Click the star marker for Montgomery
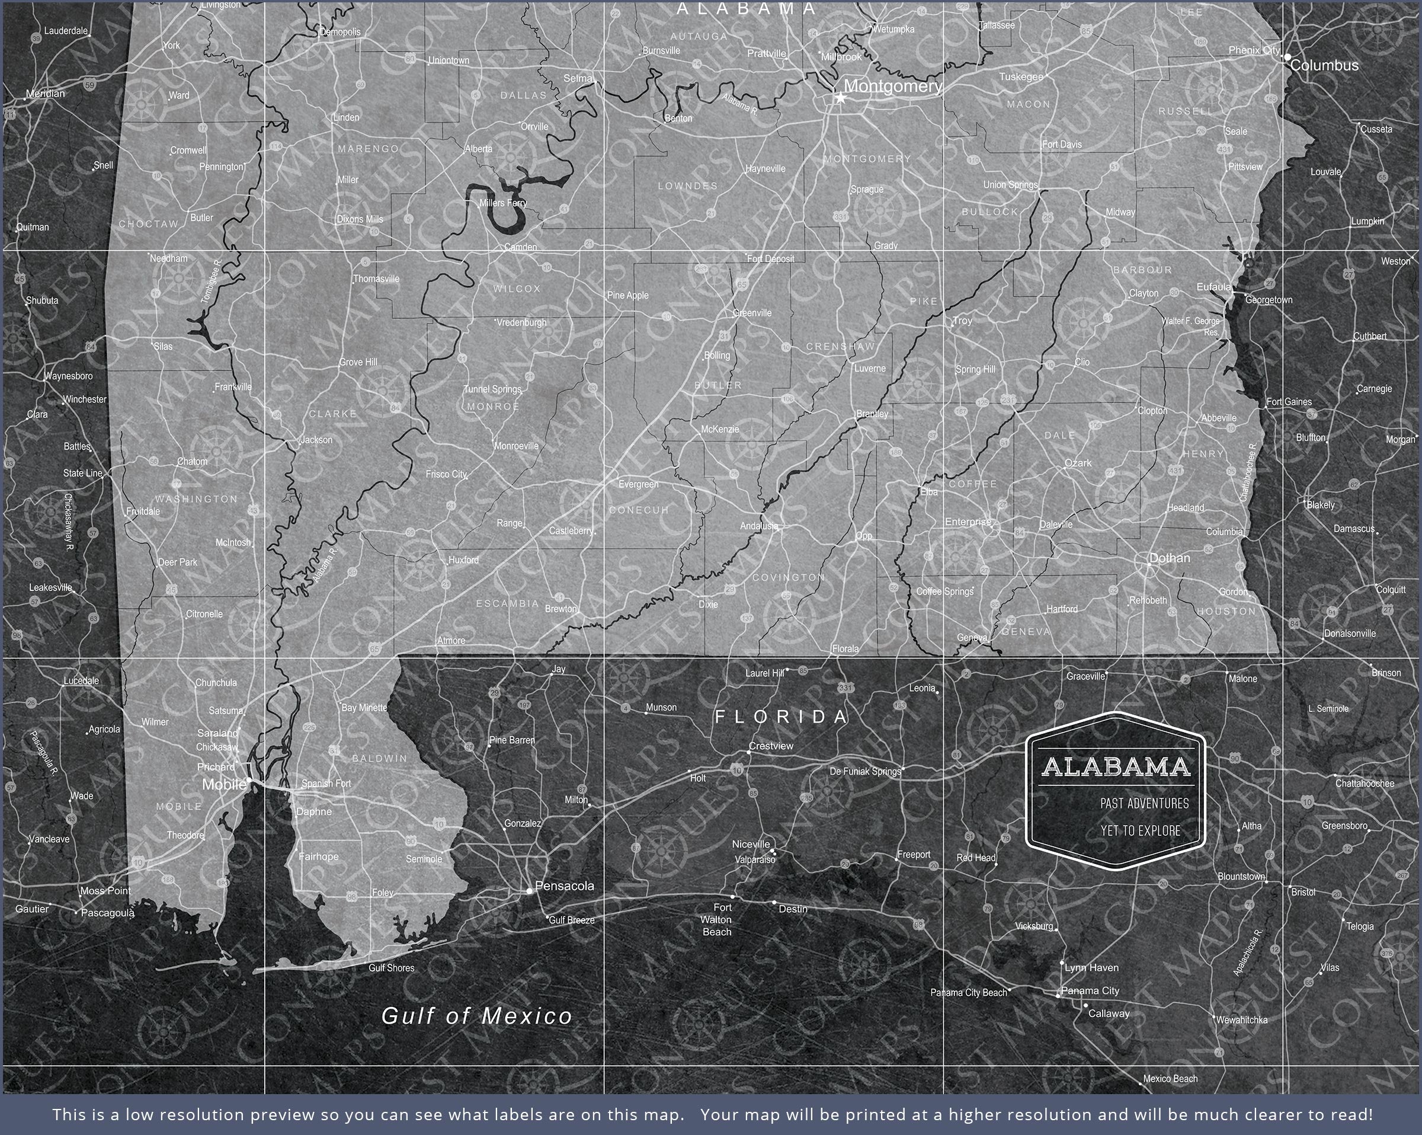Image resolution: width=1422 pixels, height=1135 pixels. (840, 98)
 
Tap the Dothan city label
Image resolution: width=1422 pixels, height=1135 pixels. (1170, 558)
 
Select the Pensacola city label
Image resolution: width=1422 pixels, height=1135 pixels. (565, 886)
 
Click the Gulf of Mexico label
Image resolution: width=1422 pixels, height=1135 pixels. (477, 1015)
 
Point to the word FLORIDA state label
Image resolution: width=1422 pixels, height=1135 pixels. (782, 717)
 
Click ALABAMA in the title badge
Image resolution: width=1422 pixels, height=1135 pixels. (1115, 767)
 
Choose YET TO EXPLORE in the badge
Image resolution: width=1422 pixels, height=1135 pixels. (1140, 831)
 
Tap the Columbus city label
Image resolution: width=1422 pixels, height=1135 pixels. (1324, 65)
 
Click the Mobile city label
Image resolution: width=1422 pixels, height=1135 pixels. (223, 785)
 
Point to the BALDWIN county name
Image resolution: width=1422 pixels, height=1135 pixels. (380, 759)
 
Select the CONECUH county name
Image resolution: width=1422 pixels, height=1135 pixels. (639, 510)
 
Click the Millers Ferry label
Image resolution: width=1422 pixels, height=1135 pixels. (503, 203)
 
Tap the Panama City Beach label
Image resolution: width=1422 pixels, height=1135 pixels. (968, 993)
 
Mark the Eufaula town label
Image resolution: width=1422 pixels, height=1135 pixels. (1213, 287)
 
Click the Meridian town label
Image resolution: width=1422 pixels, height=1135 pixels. (46, 94)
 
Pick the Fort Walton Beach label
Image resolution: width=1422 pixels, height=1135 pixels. (717, 920)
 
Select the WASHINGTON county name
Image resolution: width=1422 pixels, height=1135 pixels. (196, 499)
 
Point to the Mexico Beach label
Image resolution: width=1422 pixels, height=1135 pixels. (1170, 1079)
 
